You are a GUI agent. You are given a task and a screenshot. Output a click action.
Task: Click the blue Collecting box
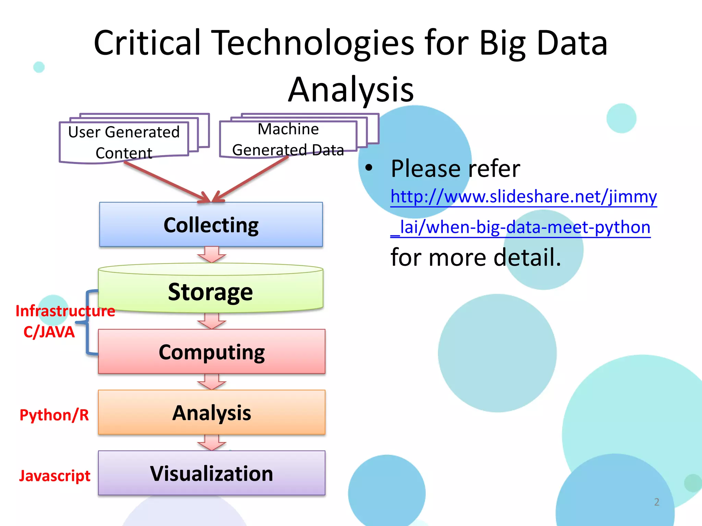[x=211, y=225]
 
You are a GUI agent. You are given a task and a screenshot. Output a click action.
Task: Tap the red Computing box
[x=211, y=352]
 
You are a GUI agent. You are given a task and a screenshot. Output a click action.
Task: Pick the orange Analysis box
[x=211, y=412]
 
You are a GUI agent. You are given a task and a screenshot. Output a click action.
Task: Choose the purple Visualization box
[x=211, y=473]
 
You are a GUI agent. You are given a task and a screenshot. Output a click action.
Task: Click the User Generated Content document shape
[x=124, y=142]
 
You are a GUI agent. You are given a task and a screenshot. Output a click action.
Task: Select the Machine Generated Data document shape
[x=288, y=139]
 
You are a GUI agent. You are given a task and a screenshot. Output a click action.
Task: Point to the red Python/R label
[x=54, y=415]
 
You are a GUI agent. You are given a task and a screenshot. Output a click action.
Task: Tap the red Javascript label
[x=55, y=476]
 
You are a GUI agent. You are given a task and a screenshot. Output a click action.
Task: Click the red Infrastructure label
[x=65, y=311]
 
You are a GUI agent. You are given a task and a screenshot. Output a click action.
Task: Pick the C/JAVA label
[x=49, y=332]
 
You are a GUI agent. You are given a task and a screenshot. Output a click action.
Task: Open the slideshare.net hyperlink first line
[x=523, y=197]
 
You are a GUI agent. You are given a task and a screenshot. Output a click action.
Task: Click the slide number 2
[x=656, y=502]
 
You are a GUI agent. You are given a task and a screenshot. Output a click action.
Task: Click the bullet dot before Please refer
[x=368, y=168]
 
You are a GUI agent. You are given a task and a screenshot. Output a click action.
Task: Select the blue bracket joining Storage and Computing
[x=87, y=322]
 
